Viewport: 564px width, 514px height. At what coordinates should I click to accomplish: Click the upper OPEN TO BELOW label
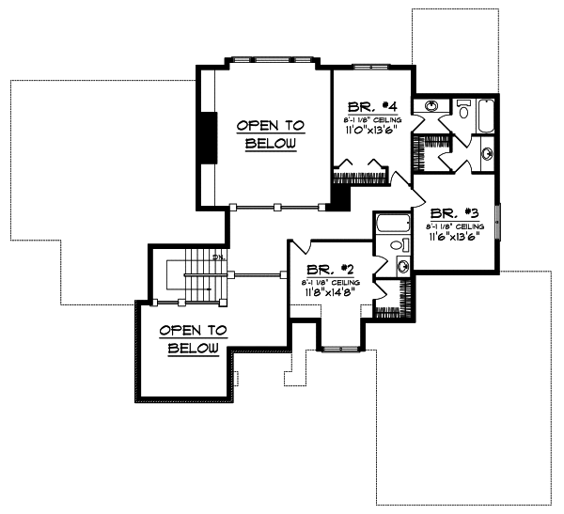point(271,133)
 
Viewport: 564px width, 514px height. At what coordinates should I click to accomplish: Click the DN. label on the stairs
point(217,257)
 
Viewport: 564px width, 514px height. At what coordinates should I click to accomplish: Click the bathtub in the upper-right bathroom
point(486,115)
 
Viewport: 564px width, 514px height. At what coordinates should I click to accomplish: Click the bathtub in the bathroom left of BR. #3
point(392,225)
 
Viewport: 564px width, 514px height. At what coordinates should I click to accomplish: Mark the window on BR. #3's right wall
point(498,226)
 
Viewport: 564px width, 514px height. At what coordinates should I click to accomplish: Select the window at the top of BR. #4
point(366,67)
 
